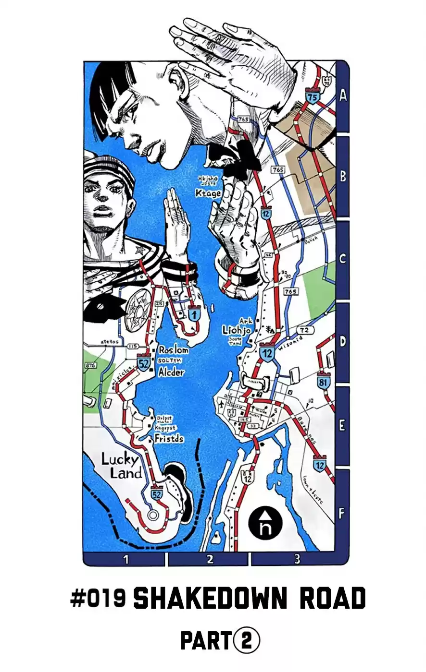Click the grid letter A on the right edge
coord(342,95)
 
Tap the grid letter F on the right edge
coord(341,514)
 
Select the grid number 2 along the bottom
coord(210,559)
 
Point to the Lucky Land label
coord(121,466)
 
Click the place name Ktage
coord(208,193)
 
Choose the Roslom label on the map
coord(173,350)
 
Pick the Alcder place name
coord(171,372)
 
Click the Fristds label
coord(169,438)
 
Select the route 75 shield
coord(313,97)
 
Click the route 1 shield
coord(194,315)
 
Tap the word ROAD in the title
coord(332,599)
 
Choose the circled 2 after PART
coord(247,641)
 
